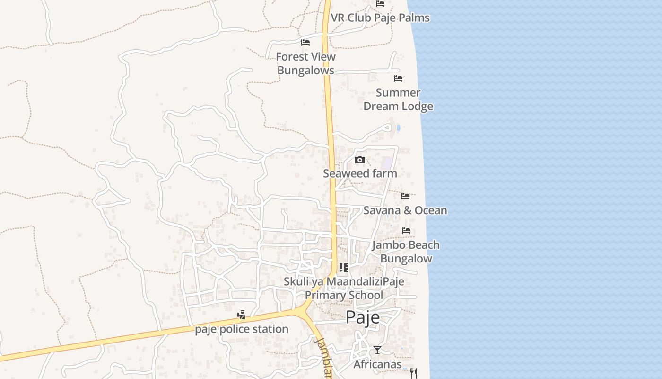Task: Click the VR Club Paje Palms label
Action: click(x=380, y=18)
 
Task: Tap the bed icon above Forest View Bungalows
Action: click(x=305, y=43)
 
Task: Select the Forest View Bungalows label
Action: click(x=305, y=63)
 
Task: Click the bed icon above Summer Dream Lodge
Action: click(x=398, y=79)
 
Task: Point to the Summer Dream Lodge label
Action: click(x=398, y=99)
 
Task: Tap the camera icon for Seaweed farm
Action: click(x=360, y=160)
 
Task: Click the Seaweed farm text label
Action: click(x=360, y=174)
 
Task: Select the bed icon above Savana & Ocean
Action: click(x=405, y=196)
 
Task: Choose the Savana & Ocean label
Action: click(x=405, y=210)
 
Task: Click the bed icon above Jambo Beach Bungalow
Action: click(x=406, y=231)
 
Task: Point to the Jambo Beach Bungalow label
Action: click(x=406, y=252)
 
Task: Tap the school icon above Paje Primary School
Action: click(x=344, y=268)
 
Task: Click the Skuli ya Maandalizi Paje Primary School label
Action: click(x=344, y=289)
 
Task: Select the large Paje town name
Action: click(x=363, y=317)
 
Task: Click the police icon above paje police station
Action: click(x=242, y=315)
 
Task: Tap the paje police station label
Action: click(x=242, y=329)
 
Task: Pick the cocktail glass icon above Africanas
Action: click(x=377, y=350)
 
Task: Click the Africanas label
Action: click(x=377, y=364)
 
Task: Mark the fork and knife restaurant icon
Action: click(x=414, y=373)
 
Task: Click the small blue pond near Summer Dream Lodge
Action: click(x=398, y=128)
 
